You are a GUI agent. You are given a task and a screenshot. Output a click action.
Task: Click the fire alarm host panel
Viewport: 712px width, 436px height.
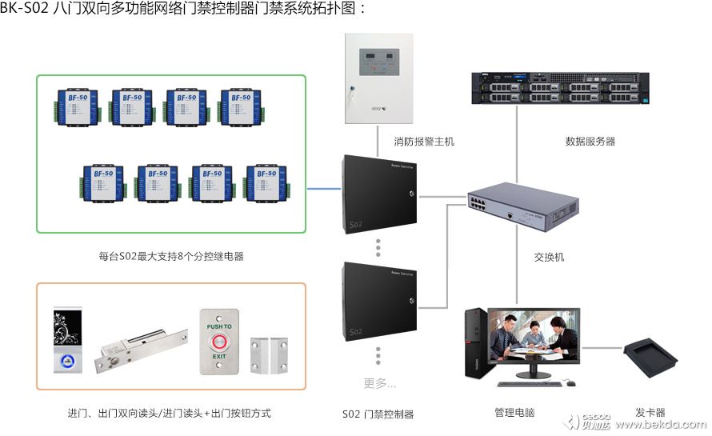[x=380, y=78]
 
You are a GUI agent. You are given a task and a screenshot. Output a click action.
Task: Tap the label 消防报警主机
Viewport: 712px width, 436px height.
[x=423, y=142]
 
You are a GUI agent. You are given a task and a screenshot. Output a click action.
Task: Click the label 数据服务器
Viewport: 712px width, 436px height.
[x=590, y=142]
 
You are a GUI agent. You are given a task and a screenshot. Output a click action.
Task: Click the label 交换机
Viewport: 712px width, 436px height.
[x=549, y=258]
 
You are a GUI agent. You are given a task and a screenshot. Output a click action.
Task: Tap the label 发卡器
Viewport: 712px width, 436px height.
[x=650, y=413]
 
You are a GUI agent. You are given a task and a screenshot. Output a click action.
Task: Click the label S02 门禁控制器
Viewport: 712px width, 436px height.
[x=378, y=414]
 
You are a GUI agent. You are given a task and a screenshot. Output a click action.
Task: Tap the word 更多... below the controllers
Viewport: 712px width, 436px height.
[x=379, y=383]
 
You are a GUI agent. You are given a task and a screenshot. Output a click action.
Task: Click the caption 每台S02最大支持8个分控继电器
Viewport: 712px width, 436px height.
[x=171, y=257]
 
